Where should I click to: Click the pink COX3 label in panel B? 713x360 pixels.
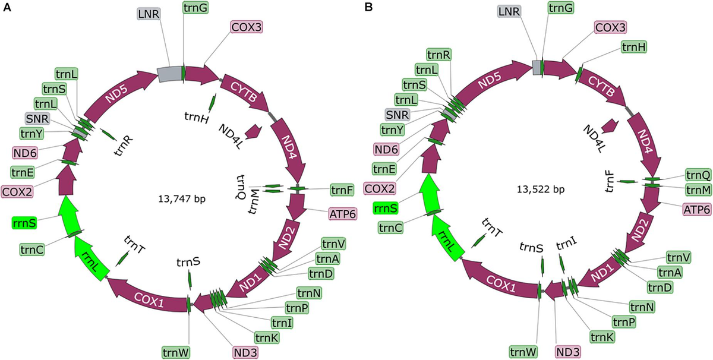610,26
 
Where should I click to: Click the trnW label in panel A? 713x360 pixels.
176,352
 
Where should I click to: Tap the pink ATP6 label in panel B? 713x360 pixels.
696,210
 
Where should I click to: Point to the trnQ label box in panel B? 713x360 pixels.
698,175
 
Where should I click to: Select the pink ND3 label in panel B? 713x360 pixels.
569,351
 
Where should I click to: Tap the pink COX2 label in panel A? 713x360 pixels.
17,191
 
